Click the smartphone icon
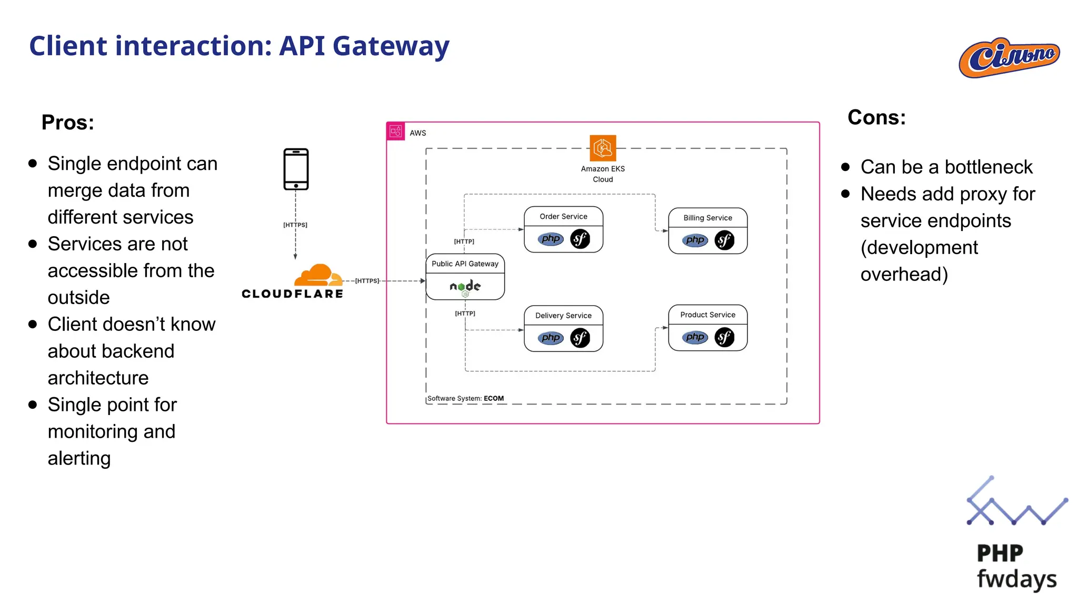click(x=296, y=169)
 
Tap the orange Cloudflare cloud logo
click(x=317, y=275)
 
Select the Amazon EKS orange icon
click(x=603, y=148)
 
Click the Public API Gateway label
click(x=465, y=264)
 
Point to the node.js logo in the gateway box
click(x=465, y=287)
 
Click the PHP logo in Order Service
click(x=551, y=239)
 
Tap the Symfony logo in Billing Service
click(x=724, y=240)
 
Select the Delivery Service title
click(x=563, y=316)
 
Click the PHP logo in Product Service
click(x=695, y=337)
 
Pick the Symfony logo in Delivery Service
click(x=580, y=338)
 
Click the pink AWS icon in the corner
click(x=396, y=132)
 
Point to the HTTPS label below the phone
click(x=295, y=225)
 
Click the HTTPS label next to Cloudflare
click(x=367, y=281)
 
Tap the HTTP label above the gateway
click(x=464, y=241)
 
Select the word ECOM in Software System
click(x=494, y=398)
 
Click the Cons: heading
click(x=876, y=117)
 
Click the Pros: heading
click(x=68, y=123)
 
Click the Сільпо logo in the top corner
click(x=1009, y=57)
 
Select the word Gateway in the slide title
click(x=391, y=46)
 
